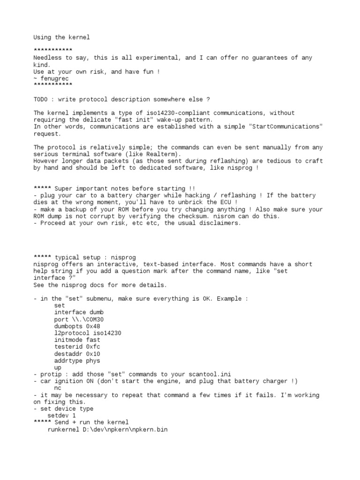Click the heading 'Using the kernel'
[x=61, y=37]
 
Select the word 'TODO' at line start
[x=41, y=99]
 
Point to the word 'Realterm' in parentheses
[x=160, y=154]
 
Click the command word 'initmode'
[x=68, y=340]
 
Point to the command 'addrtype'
[x=68, y=361]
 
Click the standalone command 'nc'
[x=58, y=389]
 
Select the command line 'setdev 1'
[x=61, y=416]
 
